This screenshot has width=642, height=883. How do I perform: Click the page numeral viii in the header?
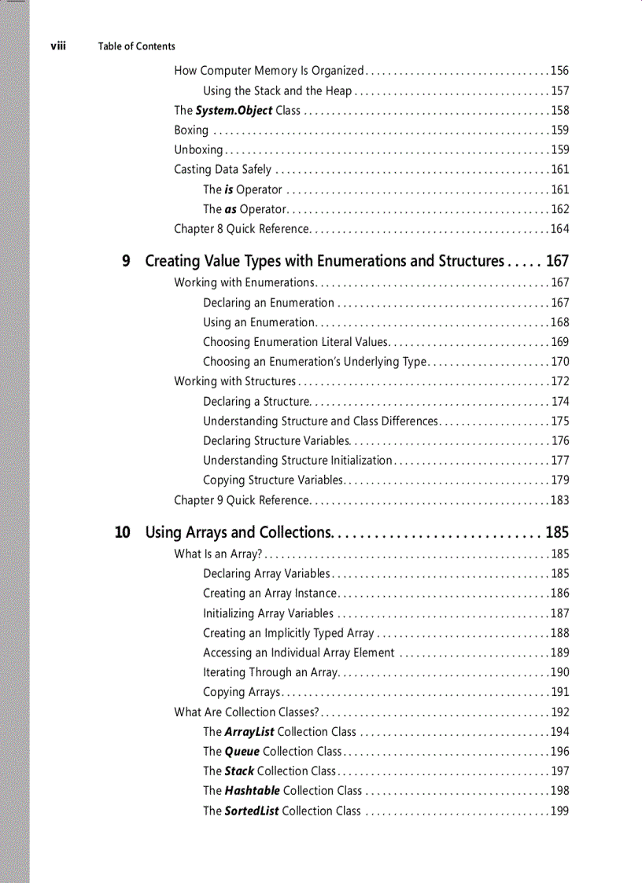(57, 46)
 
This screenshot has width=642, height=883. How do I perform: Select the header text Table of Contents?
(136, 46)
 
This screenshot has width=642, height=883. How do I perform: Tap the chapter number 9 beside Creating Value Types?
(126, 261)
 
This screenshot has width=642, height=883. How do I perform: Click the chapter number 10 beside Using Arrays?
(122, 532)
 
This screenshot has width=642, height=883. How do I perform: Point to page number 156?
(559, 71)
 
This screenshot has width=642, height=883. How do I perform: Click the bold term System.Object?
(234, 111)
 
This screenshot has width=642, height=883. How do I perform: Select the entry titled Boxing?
(191, 131)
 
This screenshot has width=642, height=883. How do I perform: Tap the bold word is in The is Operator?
(229, 189)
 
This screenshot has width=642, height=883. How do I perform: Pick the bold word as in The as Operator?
(231, 209)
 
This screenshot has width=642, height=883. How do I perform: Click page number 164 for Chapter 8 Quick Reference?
(559, 229)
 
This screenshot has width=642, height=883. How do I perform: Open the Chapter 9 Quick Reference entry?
(241, 500)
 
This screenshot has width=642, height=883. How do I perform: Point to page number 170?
(559, 362)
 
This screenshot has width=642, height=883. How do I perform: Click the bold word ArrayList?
(249, 732)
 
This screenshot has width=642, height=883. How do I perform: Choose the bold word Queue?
(242, 752)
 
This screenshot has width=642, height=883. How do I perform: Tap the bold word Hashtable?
(252, 791)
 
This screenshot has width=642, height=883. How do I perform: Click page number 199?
(559, 811)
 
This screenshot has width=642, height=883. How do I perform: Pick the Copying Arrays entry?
(242, 693)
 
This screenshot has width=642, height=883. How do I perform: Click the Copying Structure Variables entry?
(272, 480)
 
